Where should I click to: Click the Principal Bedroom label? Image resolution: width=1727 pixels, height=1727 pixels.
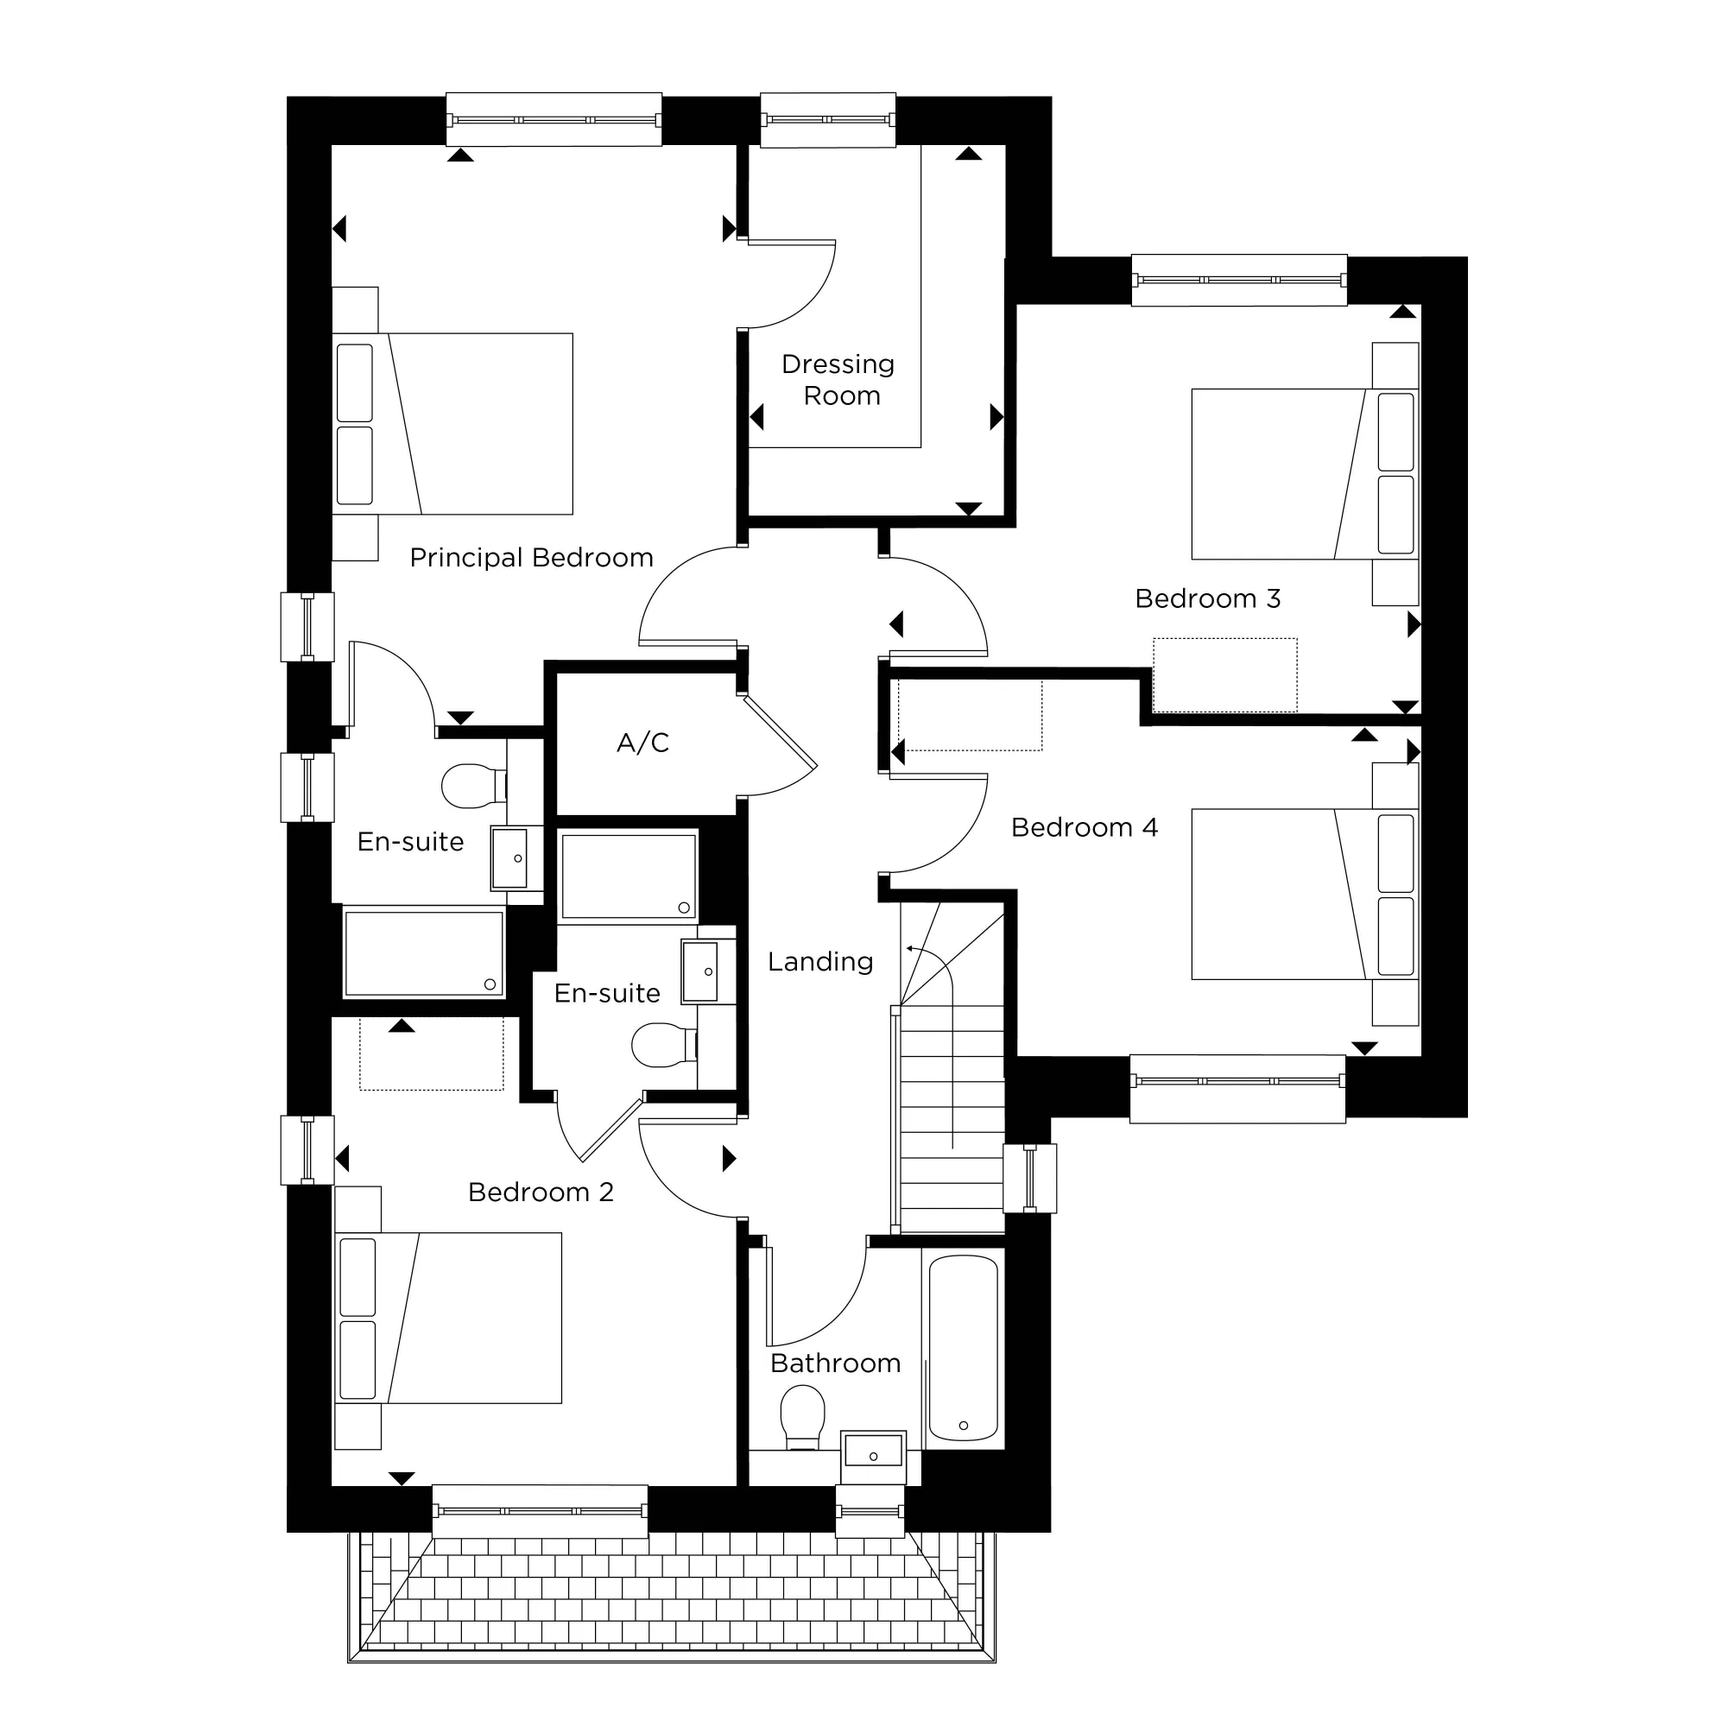tap(531, 558)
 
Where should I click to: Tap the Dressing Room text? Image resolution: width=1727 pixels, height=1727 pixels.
tap(838, 380)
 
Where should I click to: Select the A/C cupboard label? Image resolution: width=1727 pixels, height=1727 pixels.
tap(642, 743)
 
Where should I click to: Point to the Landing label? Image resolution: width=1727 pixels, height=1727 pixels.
tap(819, 962)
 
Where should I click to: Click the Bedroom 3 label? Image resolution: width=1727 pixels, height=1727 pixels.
tap(1208, 599)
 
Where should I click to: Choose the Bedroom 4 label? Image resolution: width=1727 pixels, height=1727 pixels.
tap(1085, 828)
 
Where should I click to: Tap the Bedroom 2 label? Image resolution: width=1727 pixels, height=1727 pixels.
tap(541, 1192)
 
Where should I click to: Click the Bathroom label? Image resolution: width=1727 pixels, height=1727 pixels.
tap(835, 1363)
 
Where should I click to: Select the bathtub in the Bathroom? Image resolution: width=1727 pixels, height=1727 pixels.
tap(963, 1349)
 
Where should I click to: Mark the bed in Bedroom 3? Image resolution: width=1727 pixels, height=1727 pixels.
tap(1303, 474)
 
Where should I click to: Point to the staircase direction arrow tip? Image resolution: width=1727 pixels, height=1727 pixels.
tap(908, 948)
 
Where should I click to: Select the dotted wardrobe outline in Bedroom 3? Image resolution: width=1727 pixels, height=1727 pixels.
tap(1224, 675)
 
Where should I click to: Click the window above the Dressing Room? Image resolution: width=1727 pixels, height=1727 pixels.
tap(828, 120)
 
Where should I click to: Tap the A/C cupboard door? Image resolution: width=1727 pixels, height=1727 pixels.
tap(781, 733)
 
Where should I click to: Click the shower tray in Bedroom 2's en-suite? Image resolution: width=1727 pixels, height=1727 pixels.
tap(629, 876)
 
